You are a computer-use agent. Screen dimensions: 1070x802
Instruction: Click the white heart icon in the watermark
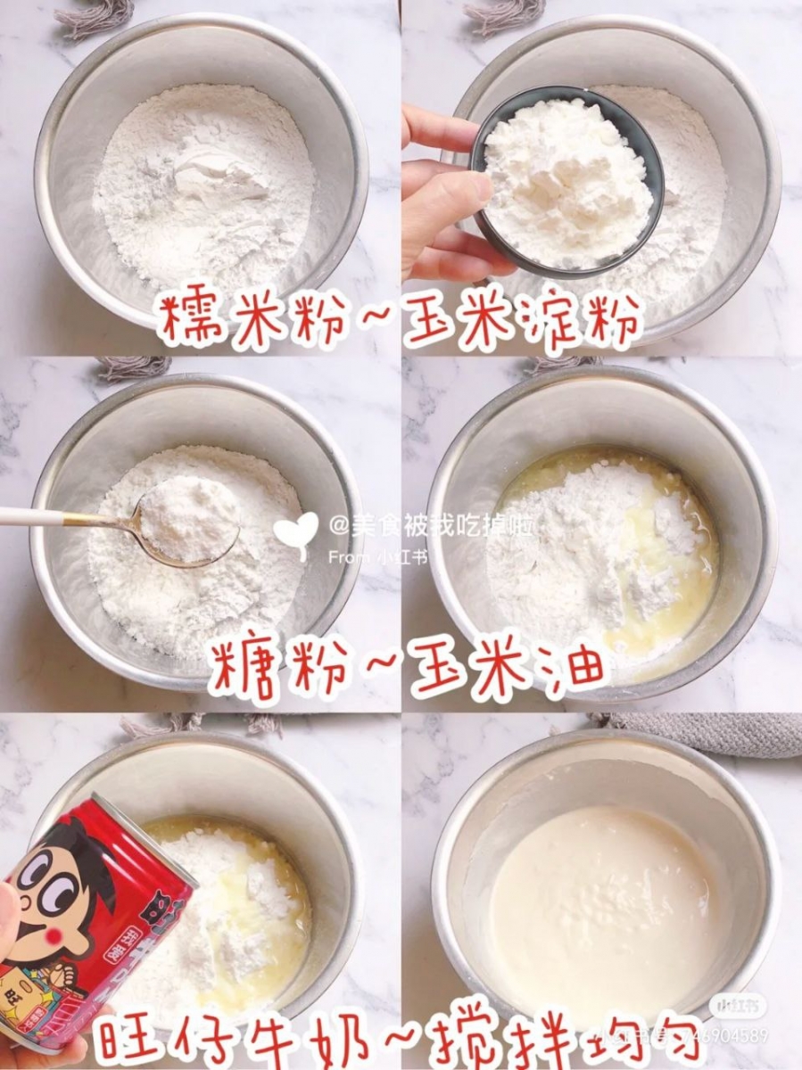(x=295, y=532)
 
